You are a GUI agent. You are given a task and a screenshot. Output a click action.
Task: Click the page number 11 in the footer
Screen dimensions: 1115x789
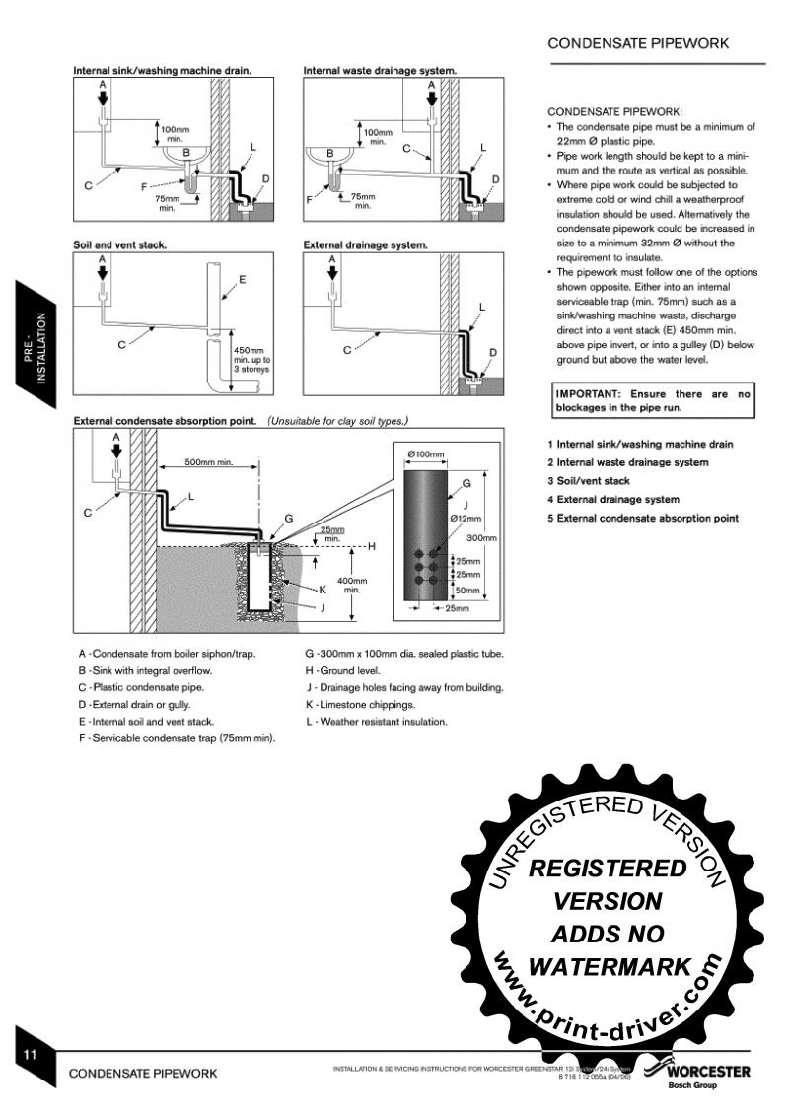[x=31, y=1054]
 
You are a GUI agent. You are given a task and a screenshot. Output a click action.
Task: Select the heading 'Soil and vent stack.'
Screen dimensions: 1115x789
[x=120, y=244]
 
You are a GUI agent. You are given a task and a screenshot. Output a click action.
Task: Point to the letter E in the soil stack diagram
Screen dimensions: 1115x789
[x=242, y=279]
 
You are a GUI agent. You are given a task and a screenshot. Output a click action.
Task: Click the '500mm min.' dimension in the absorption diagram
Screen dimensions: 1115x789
[x=209, y=462]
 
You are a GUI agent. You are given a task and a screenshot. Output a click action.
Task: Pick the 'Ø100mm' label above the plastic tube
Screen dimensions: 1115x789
[x=426, y=454]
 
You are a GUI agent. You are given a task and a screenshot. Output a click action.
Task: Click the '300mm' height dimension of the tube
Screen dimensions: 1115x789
[x=480, y=538]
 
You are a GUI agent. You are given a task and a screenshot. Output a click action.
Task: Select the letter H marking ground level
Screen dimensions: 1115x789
[x=371, y=545]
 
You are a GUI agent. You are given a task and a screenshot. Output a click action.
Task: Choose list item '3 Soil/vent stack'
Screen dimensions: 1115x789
[x=589, y=481]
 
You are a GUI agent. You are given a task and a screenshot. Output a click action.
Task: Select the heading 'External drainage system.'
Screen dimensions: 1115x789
[x=365, y=244]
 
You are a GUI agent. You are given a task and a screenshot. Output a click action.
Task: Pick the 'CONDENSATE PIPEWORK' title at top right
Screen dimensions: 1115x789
[x=638, y=43]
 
